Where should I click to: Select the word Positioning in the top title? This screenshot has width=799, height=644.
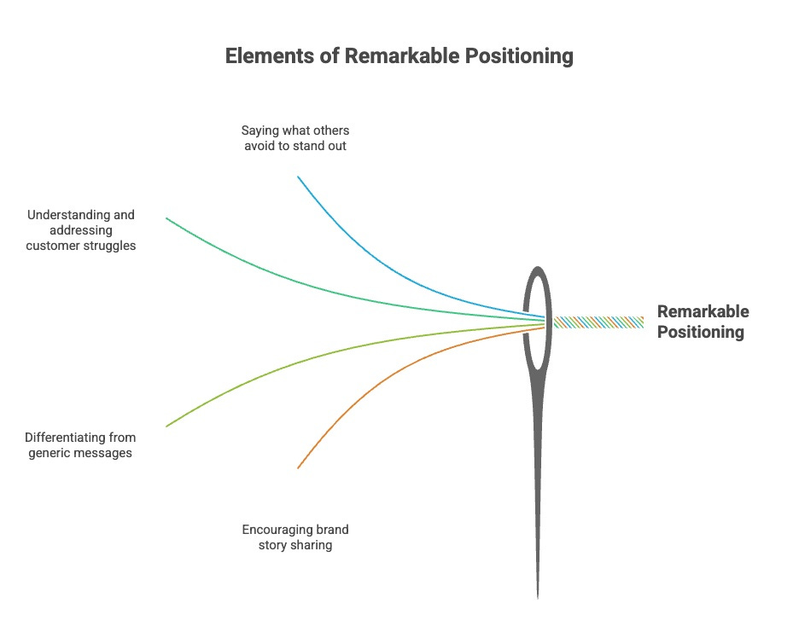pyautogui.click(x=518, y=56)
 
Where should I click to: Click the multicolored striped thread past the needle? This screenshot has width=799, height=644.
pyautogui.click(x=598, y=322)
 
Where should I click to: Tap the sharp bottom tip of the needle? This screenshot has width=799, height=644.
pyautogui.click(x=538, y=592)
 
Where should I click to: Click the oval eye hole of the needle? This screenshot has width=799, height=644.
pyautogui.click(x=537, y=320)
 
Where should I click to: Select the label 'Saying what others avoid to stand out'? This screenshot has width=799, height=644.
pyautogui.click(x=295, y=138)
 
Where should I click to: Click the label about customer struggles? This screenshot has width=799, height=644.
pyautogui.click(x=80, y=230)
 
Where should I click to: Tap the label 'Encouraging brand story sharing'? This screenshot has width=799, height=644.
pyautogui.click(x=295, y=537)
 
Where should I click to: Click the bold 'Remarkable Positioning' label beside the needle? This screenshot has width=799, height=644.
pyautogui.click(x=703, y=322)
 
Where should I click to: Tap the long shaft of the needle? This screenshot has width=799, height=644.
pyautogui.click(x=538, y=478)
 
